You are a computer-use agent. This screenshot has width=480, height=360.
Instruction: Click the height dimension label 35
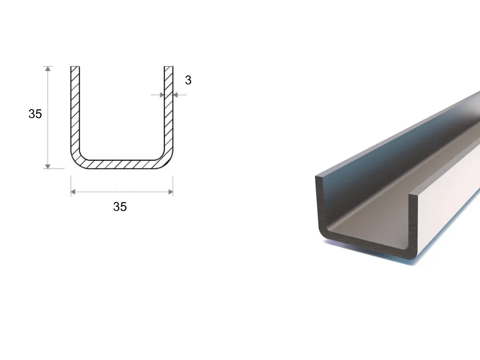click(35, 114)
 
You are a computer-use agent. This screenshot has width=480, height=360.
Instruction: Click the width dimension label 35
click(120, 207)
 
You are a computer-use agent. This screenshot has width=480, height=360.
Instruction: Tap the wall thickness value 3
click(188, 80)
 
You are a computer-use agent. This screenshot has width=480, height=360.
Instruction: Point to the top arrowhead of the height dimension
click(48, 68)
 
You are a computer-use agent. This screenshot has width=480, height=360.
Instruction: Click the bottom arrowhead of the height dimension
click(48, 166)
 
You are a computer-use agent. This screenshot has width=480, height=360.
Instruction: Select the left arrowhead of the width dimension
click(73, 192)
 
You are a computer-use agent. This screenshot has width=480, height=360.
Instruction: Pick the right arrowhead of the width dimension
click(171, 192)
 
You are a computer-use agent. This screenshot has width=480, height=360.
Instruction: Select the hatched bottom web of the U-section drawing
click(122, 165)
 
